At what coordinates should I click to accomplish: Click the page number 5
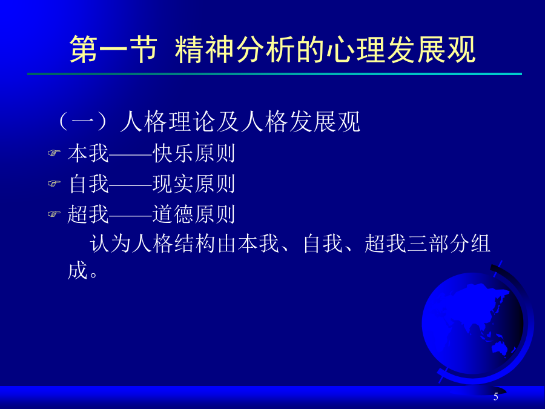point(495,396)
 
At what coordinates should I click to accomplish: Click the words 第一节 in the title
point(113,50)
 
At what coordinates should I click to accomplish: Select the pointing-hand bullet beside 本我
point(54,153)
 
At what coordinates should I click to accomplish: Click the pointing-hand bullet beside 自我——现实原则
point(54,183)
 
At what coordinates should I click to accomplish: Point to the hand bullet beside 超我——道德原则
point(54,213)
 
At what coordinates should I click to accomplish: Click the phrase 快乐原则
point(194,153)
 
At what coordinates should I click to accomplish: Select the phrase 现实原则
point(194,184)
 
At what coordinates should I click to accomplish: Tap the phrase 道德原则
point(194,214)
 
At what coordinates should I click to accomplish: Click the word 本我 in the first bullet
point(88,153)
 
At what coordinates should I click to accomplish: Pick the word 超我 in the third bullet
point(88,214)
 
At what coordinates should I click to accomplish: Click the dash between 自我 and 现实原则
point(131,184)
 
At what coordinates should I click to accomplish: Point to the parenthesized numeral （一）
point(83,122)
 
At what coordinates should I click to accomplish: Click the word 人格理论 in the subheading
point(168,122)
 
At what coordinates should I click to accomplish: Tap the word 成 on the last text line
point(78,270)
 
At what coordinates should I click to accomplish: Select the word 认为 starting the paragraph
point(111,244)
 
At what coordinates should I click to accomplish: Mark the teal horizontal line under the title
point(274,74)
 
